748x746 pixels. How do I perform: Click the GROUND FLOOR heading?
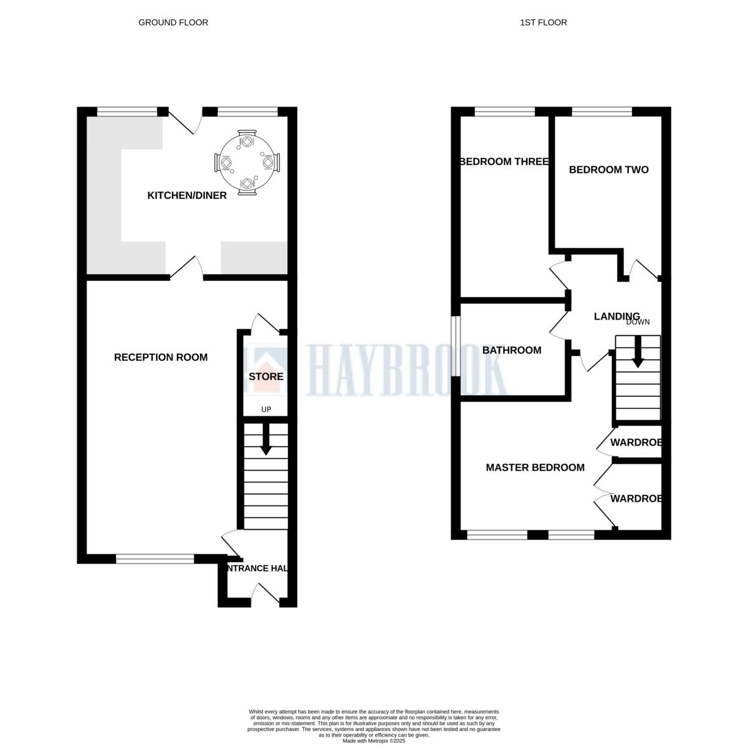point(173,22)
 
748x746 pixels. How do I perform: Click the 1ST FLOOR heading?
point(543,22)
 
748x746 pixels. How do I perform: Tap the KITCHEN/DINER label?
point(186,196)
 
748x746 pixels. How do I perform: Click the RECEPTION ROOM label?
point(161,357)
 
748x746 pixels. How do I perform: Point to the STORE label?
point(266,376)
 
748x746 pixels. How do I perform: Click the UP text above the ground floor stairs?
point(266,409)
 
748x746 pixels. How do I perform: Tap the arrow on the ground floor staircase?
point(266,440)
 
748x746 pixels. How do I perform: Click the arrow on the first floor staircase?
point(638,353)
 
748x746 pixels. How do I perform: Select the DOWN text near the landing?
point(638,322)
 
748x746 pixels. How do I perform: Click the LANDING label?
point(616,317)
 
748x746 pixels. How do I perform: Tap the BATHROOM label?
point(512,350)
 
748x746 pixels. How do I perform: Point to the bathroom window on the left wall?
point(456,347)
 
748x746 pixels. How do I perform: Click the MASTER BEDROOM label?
point(535,467)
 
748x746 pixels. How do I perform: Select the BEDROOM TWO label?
point(608,170)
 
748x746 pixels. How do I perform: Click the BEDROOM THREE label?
point(504,162)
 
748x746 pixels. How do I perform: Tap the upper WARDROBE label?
point(635,443)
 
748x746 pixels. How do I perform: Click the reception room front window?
point(155,559)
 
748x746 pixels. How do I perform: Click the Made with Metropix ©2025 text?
point(373,741)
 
